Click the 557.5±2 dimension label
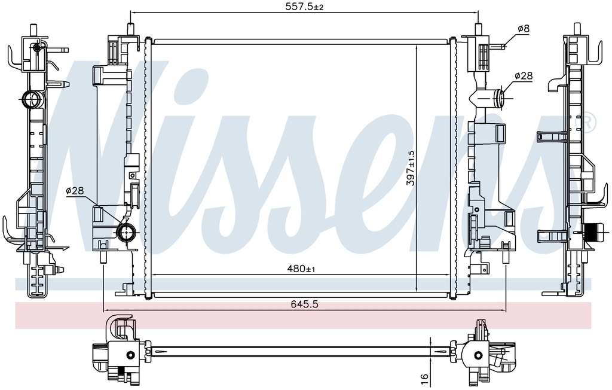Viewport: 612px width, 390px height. (x=304, y=7)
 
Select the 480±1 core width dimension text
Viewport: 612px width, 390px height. (x=301, y=269)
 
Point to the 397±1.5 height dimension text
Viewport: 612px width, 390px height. (x=410, y=168)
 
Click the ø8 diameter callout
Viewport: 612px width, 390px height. (x=524, y=29)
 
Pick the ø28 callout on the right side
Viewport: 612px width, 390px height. (x=524, y=76)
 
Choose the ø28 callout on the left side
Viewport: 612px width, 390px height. (x=75, y=191)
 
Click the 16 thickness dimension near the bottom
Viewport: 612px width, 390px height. (x=425, y=377)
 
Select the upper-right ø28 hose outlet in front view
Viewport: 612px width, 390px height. (x=499, y=96)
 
